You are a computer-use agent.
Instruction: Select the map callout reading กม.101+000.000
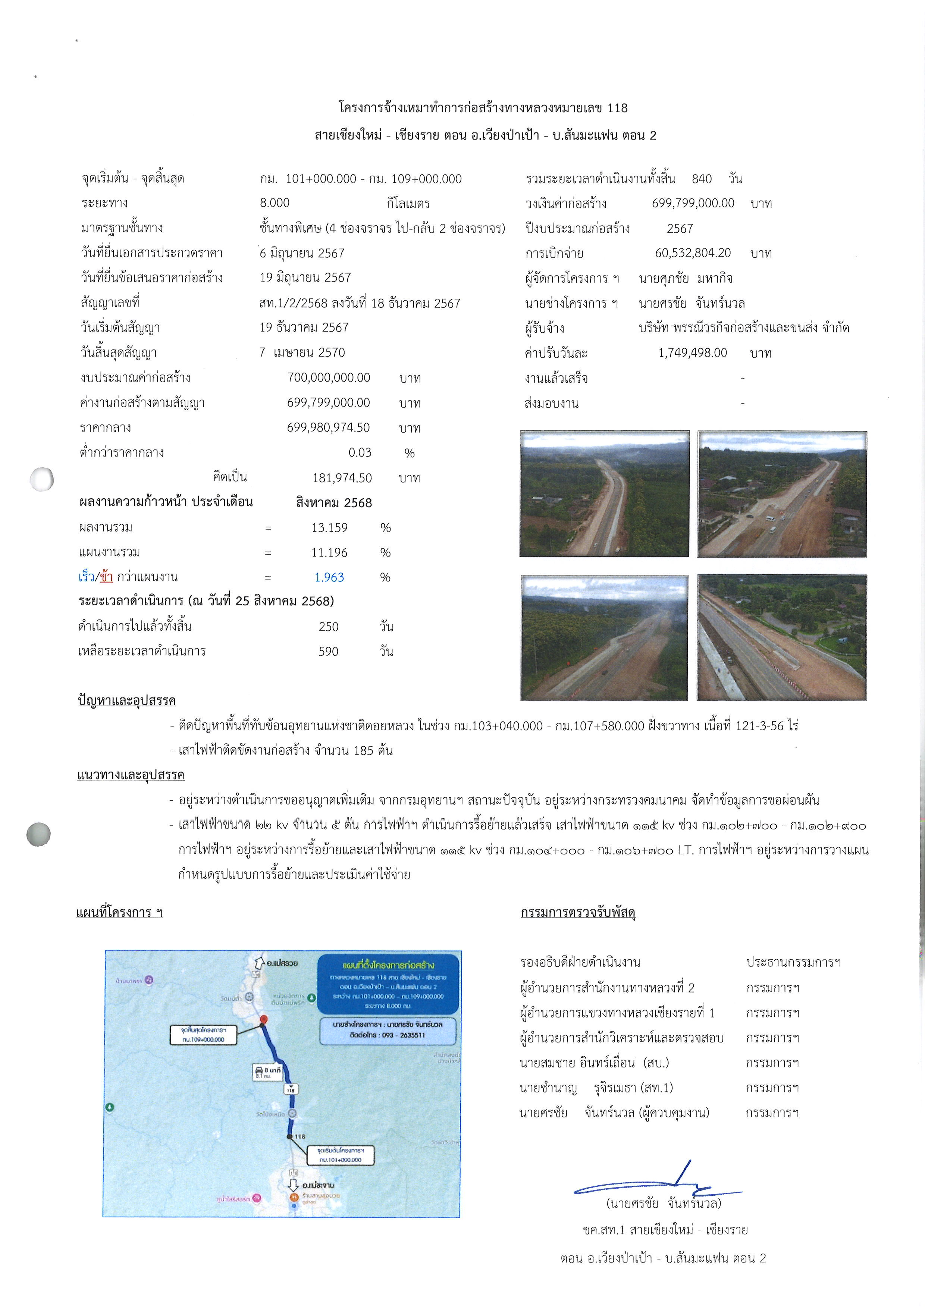point(340,1155)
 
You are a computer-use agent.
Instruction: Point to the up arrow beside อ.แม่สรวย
point(258,962)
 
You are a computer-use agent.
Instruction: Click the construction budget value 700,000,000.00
point(329,378)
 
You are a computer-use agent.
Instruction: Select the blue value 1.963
point(329,577)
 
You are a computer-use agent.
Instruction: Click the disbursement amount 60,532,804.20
point(693,253)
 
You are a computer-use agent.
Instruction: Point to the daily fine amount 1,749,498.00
point(693,352)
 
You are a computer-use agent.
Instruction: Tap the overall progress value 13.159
point(329,527)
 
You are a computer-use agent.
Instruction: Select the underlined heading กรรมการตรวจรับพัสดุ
point(578,912)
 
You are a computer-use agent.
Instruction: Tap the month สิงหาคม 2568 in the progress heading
point(334,502)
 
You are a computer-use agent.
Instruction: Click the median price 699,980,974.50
point(329,428)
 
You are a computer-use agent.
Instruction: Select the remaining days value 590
point(329,651)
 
